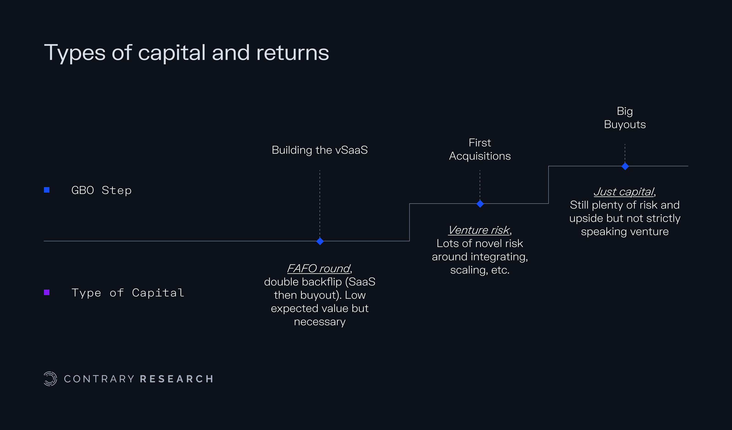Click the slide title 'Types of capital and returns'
186,53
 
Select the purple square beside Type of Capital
47,292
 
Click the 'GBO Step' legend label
101,190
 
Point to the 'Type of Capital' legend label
128,293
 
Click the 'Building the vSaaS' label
320,150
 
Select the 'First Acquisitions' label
480,149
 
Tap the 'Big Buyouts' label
625,118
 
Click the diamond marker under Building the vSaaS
320,241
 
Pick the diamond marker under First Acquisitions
480,204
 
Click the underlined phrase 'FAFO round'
319,269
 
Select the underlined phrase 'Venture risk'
479,230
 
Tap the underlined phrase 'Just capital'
624,192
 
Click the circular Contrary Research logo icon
50,379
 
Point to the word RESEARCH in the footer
177,379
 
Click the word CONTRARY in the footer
99,379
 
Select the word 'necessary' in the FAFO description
320,322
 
